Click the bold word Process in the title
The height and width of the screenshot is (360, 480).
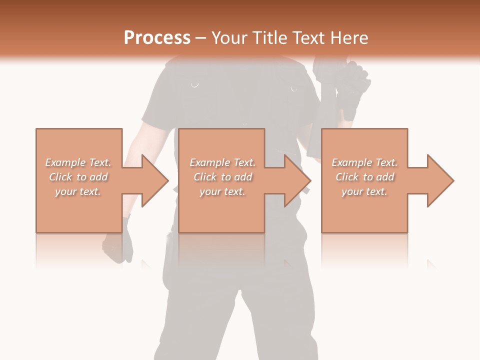click(157, 38)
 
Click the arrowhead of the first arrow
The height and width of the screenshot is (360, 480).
click(155, 180)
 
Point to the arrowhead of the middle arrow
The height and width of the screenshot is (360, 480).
click(297, 180)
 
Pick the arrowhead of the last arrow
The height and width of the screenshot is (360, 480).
click(440, 180)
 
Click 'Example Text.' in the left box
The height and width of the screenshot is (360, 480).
click(78, 162)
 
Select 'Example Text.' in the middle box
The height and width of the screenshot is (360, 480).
click(222, 162)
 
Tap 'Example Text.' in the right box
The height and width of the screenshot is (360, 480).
click(364, 162)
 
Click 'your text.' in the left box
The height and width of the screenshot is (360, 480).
click(78, 191)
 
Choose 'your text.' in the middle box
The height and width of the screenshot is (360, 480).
click(222, 191)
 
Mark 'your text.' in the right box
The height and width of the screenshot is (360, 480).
click(364, 191)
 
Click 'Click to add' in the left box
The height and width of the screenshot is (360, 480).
click(78, 177)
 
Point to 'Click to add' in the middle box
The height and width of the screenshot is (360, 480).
click(222, 177)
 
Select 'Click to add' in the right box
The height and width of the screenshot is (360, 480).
click(364, 177)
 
